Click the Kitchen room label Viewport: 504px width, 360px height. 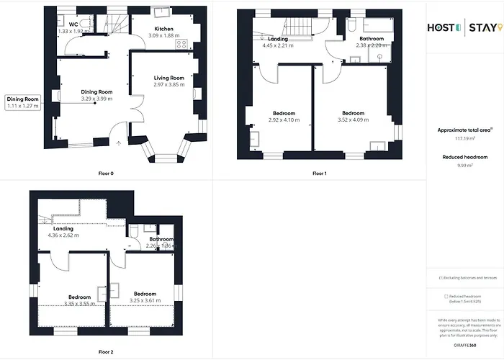pyautogui.click(x=163, y=29)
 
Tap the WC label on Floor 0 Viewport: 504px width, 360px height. pyautogui.click(x=73, y=25)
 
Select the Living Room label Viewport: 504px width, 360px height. pyautogui.click(x=169, y=78)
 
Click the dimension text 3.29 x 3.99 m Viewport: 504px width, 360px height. pyautogui.click(x=97, y=98)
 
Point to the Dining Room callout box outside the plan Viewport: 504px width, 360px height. pyautogui.click(x=22, y=102)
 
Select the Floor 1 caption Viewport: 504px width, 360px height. pyautogui.click(x=320, y=174)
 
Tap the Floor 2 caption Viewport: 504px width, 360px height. pyautogui.click(x=106, y=352)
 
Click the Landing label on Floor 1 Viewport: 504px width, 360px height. pyautogui.click(x=277, y=39)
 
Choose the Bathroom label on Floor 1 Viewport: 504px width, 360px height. pyautogui.click(x=372, y=39)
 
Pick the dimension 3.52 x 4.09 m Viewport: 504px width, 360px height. pyautogui.click(x=353, y=120)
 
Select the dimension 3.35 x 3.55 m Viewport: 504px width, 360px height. pyautogui.click(x=80, y=303)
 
